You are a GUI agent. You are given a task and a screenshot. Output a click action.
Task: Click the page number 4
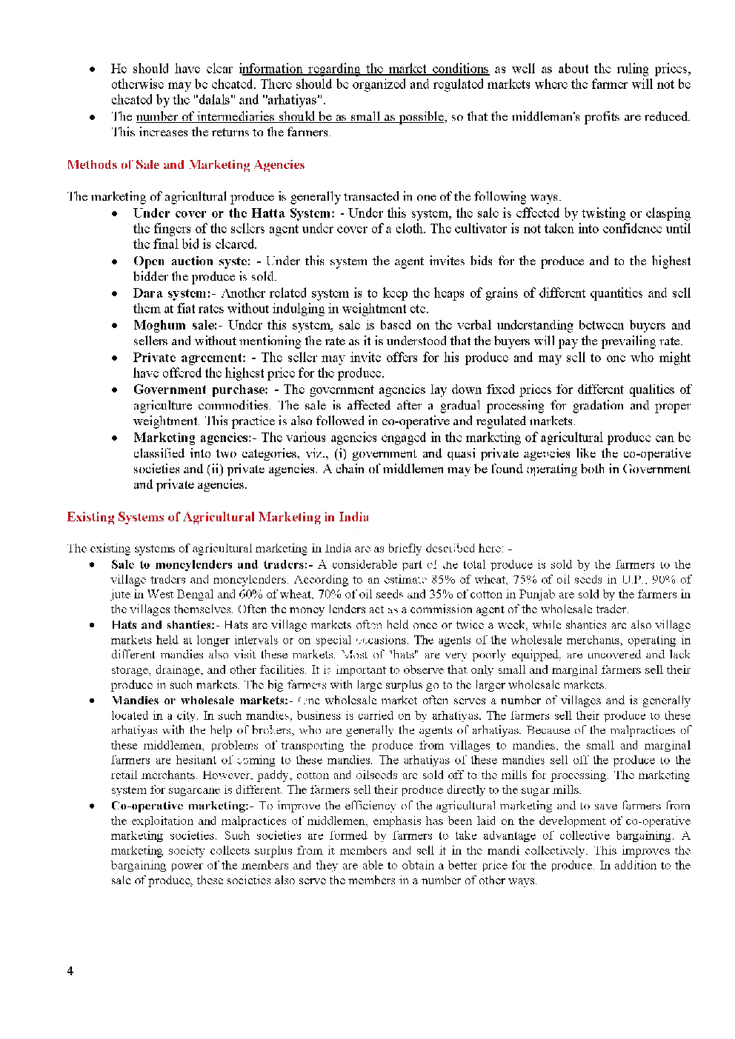coord(70,971)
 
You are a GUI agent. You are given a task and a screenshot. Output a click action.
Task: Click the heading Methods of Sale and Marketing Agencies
coord(185,164)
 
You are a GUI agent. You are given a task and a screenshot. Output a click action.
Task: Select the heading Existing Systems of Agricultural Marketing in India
coord(218,517)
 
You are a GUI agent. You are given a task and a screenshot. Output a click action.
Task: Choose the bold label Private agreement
coord(189,358)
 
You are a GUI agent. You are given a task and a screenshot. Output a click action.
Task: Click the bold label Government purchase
coord(200,390)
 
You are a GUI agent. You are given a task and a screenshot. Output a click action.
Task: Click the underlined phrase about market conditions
coord(364,69)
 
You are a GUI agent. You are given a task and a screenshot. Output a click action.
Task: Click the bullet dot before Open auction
coord(115,261)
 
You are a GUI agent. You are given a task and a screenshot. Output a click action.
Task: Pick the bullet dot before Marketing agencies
coord(115,438)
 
